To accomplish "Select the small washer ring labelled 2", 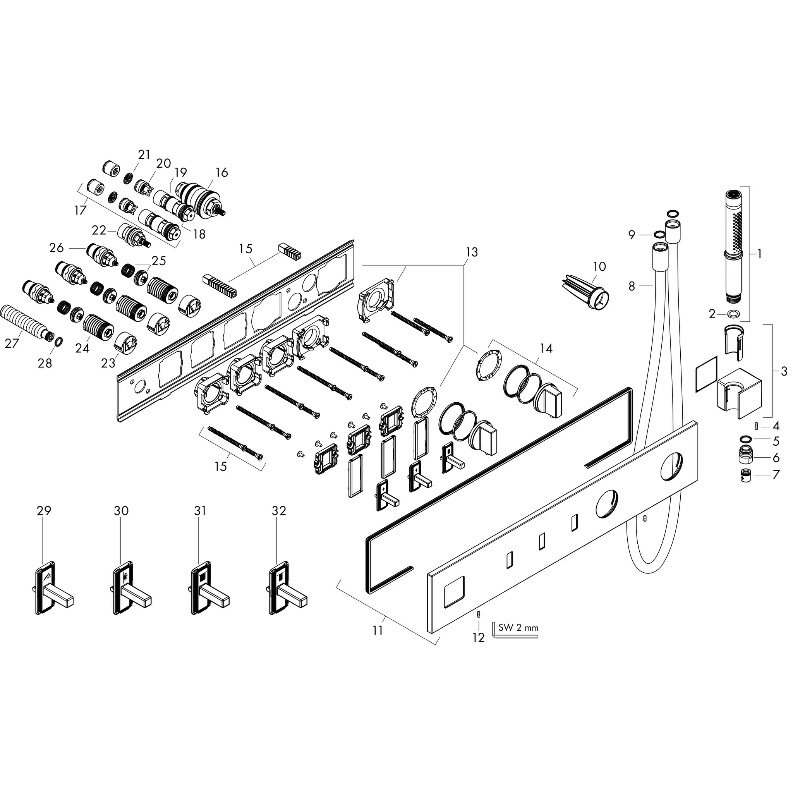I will pos(733,314).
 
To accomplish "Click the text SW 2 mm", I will pos(518,628).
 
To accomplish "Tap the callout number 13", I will pos(472,252).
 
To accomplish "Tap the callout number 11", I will pos(378,630).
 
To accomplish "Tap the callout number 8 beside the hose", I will pos(632,286).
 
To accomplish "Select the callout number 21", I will pos(144,155).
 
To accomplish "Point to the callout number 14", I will pos(546,348).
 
